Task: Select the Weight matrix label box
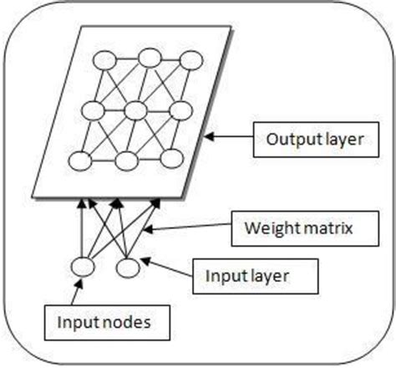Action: (292, 227)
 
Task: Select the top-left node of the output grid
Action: (106, 60)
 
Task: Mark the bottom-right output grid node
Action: (170, 159)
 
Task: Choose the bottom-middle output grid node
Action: (125, 161)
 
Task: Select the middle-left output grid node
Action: (93, 110)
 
